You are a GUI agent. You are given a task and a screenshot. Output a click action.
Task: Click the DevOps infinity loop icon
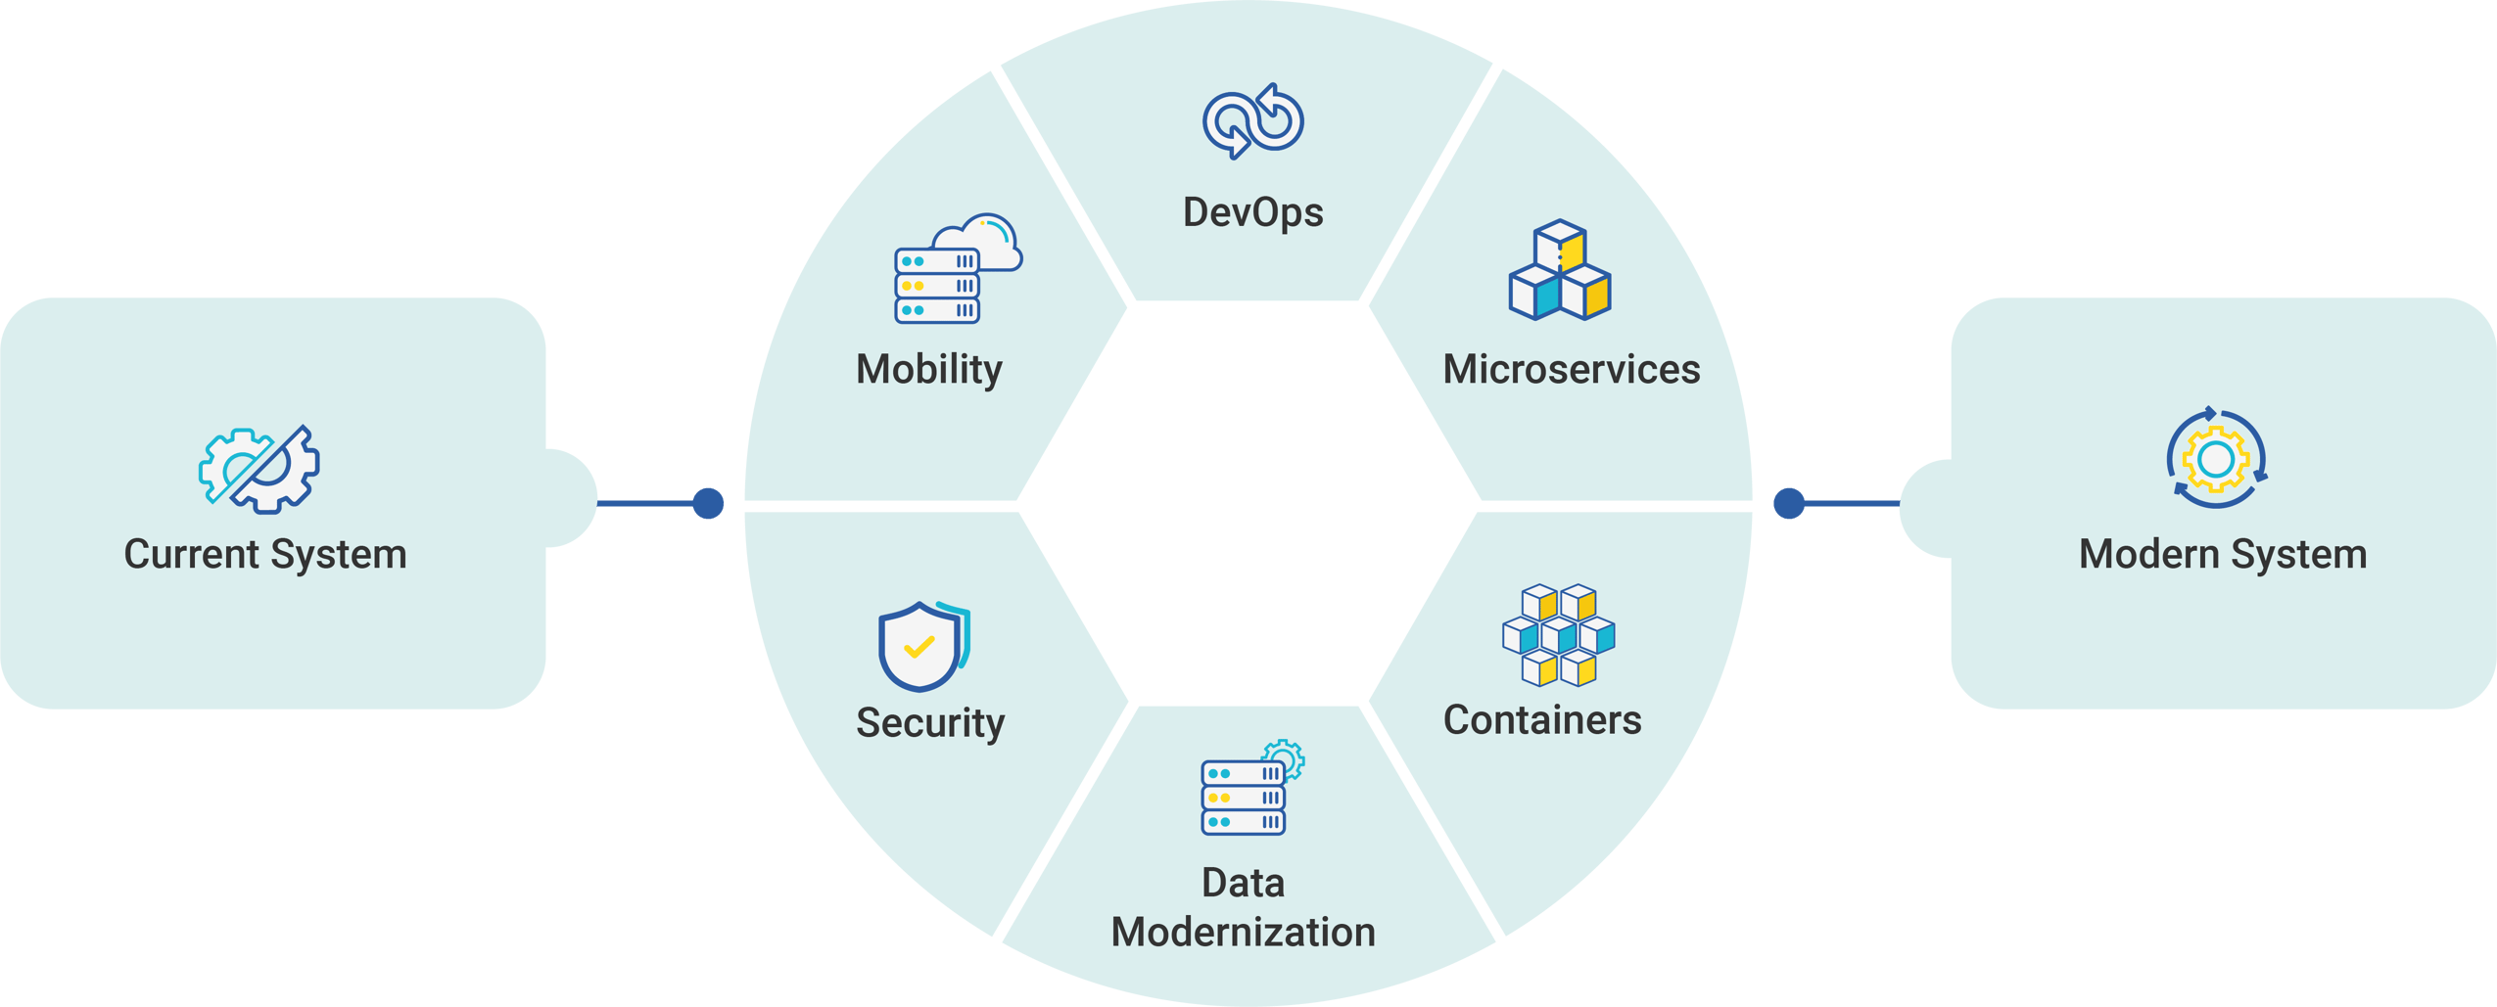[1252, 121]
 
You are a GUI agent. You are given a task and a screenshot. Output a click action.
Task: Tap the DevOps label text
[1252, 212]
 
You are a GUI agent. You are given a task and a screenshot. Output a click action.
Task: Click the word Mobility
[928, 369]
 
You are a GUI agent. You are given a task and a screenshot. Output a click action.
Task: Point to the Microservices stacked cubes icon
[1560, 270]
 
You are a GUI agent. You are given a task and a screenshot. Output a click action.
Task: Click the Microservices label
[1571, 369]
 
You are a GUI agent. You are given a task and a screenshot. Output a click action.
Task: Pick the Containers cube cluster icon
[1558, 634]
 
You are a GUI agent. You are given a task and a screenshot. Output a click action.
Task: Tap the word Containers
[1542, 719]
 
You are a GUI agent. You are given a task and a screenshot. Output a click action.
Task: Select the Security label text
[930, 722]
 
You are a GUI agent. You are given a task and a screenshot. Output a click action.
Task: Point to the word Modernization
[1243, 932]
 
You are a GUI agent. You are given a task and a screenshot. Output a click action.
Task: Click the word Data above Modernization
[1243, 883]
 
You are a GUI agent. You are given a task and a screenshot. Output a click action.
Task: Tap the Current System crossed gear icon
[259, 470]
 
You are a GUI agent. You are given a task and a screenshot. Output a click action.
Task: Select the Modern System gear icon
[2216, 458]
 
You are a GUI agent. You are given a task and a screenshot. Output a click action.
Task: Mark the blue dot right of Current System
[708, 503]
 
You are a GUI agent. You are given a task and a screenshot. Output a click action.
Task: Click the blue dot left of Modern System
[1789, 503]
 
